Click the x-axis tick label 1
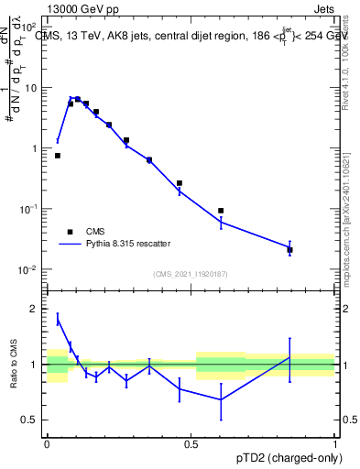coord(335,443)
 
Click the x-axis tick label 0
coord(47,443)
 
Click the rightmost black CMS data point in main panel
coord(289,249)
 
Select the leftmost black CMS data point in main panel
coord(58,156)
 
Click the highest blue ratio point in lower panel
coord(58,319)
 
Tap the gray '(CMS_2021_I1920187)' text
coord(190,273)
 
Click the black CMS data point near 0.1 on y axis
coord(221,211)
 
